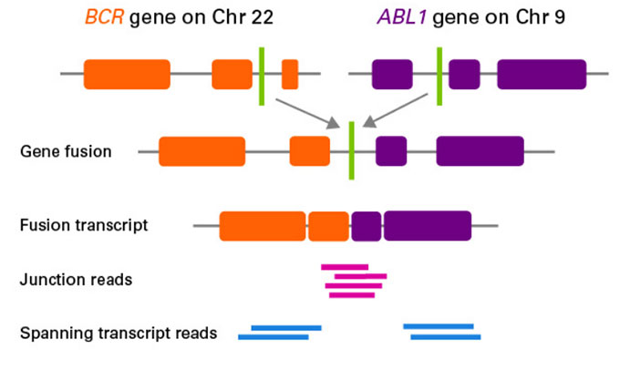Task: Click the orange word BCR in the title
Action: [105, 17]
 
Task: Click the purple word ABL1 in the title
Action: [402, 17]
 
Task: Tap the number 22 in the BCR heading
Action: [259, 17]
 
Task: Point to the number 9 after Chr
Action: [559, 17]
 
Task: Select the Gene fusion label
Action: [66, 151]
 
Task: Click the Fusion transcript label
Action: [84, 225]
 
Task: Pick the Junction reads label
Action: [76, 280]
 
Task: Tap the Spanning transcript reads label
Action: [119, 333]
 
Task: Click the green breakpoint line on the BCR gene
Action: [262, 77]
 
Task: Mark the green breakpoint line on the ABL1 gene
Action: [439, 77]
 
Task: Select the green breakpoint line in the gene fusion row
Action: [352, 150]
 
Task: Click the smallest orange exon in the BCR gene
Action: [290, 75]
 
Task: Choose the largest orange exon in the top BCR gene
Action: [127, 75]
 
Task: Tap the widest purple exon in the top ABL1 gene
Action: [542, 75]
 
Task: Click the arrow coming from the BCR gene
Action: [307, 113]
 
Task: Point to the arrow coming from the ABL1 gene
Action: [395, 110]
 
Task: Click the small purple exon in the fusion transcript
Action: [367, 226]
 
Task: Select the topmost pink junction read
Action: [345, 267]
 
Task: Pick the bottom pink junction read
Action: [352, 295]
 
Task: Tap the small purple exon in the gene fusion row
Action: [391, 151]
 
